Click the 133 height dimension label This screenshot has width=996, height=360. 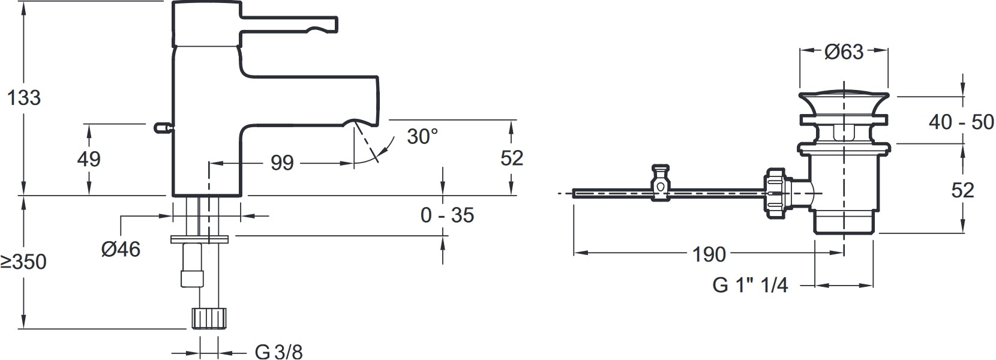coord(24,98)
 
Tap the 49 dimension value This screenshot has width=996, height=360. coord(89,159)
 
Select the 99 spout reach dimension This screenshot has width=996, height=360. coord(283,164)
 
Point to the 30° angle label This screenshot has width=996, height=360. coord(422,136)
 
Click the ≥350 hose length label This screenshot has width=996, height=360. coord(23,262)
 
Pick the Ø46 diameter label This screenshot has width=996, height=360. coord(121,249)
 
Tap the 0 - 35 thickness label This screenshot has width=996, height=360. coord(448,215)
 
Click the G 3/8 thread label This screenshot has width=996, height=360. coord(279,352)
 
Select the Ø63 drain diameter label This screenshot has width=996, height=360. coord(844,52)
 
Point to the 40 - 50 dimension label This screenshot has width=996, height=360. coord(961,122)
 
